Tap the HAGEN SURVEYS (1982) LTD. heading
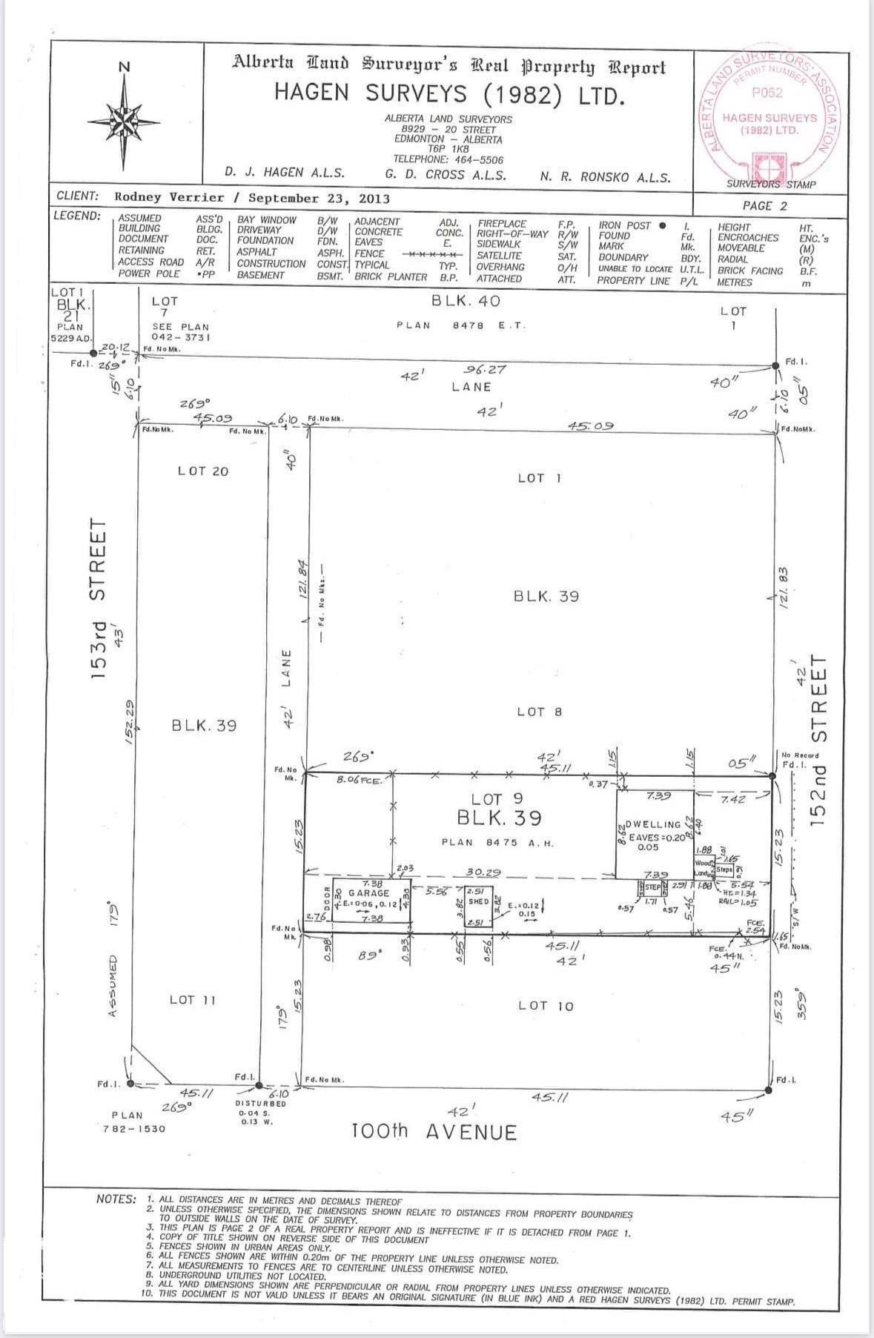coord(449,94)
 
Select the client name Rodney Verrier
coord(169,198)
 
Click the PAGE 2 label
coord(765,206)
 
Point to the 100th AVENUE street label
coord(434,1132)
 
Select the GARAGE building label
coord(368,893)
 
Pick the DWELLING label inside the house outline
coord(653,824)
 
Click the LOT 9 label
coord(497,799)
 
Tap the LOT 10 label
coord(546,1006)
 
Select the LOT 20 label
coord(202,471)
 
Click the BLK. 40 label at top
coord(466,300)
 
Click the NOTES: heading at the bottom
coord(116,1199)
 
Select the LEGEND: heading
coord(77,216)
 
